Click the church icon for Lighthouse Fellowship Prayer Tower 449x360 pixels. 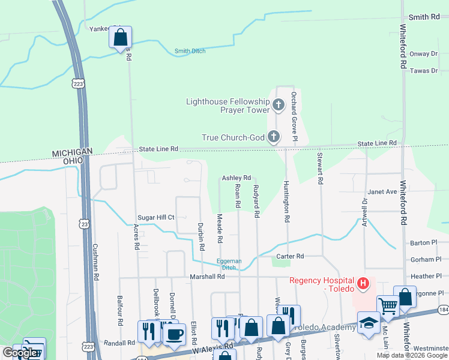pos(278,106)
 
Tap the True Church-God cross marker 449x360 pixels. pos(273,137)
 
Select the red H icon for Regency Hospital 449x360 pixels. pos(363,282)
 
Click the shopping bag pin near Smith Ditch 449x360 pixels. pos(120,38)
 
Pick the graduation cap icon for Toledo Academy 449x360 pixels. pos(369,322)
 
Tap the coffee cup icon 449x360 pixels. pos(174,334)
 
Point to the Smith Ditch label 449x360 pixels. pos(190,51)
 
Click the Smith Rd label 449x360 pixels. pos(424,17)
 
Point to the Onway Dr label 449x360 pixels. pos(424,53)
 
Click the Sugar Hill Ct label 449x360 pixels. pos(155,217)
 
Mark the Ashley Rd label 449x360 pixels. pos(236,178)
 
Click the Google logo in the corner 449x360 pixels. pos(19,353)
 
